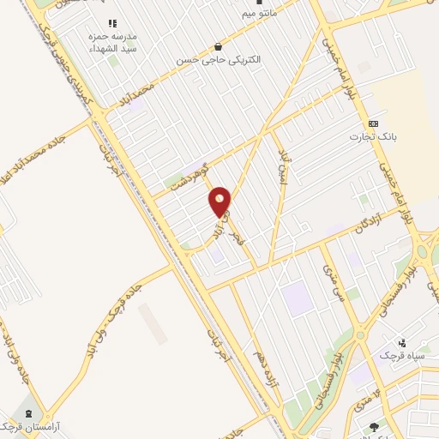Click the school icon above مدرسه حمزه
pyautogui.click(x=111, y=23)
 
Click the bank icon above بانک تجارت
pyautogui.click(x=372, y=123)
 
